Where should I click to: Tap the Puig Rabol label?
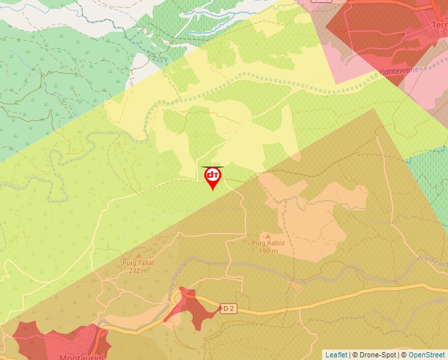pos(267,243)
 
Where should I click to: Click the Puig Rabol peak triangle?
pos(267,235)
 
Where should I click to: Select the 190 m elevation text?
pos(267,251)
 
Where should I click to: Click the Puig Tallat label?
pos(138,263)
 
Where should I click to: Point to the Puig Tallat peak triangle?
pos(138,255)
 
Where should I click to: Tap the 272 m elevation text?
pos(138,270)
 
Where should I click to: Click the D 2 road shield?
pos(228,308)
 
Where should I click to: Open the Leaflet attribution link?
pos(336,355)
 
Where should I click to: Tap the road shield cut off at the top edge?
pos(321,1)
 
